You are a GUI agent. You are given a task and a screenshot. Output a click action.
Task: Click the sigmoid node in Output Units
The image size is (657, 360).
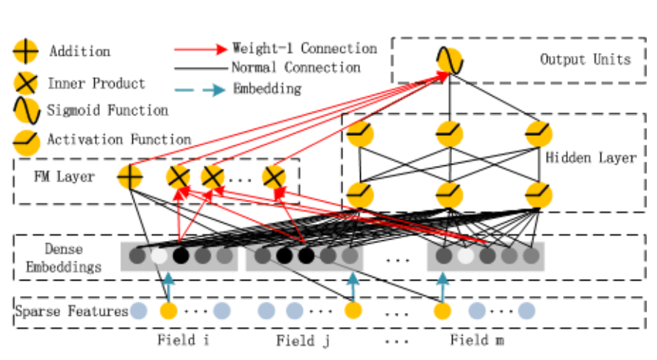click(x=449, y=60)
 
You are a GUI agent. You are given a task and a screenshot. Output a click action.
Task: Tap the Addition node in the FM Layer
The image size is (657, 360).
click(x=130, y=176)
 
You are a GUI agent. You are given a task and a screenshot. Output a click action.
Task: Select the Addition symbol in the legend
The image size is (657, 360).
click(x=26, y=52)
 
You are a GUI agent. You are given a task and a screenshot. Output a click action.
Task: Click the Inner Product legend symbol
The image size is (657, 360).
click(x=26, y=82)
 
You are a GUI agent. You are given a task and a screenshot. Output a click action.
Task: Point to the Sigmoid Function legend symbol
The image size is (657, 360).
click(x=26, y=111)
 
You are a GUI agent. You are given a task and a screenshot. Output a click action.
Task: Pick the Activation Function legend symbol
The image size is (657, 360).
click(x=26, y=140)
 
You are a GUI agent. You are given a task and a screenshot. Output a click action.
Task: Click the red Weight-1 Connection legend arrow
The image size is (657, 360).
click(x=201, y=49)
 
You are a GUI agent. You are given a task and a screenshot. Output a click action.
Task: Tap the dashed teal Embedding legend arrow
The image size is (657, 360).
click(x=201, y=90)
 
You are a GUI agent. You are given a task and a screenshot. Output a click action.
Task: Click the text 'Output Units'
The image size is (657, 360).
click(x=585, y=60)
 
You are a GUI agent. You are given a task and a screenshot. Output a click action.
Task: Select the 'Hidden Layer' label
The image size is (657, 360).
click(x=591, y=157)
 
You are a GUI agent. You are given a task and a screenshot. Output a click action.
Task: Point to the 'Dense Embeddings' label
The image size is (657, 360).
click(x=63, y=258)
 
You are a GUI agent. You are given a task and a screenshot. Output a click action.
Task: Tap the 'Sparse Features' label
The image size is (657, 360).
click(x=71, y=312)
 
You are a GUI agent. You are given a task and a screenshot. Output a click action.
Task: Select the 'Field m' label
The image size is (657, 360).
click(x=477, y=340)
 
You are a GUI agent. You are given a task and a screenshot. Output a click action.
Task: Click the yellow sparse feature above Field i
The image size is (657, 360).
click(x=169, y=311)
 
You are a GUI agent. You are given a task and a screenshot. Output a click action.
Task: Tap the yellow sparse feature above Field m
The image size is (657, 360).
click(x=442, y=311)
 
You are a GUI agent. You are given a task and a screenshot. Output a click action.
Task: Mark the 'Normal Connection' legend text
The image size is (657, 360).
click(x=295, y=68)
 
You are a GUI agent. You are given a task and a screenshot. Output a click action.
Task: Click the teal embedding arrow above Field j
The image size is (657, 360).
click(x=353, y=286)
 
